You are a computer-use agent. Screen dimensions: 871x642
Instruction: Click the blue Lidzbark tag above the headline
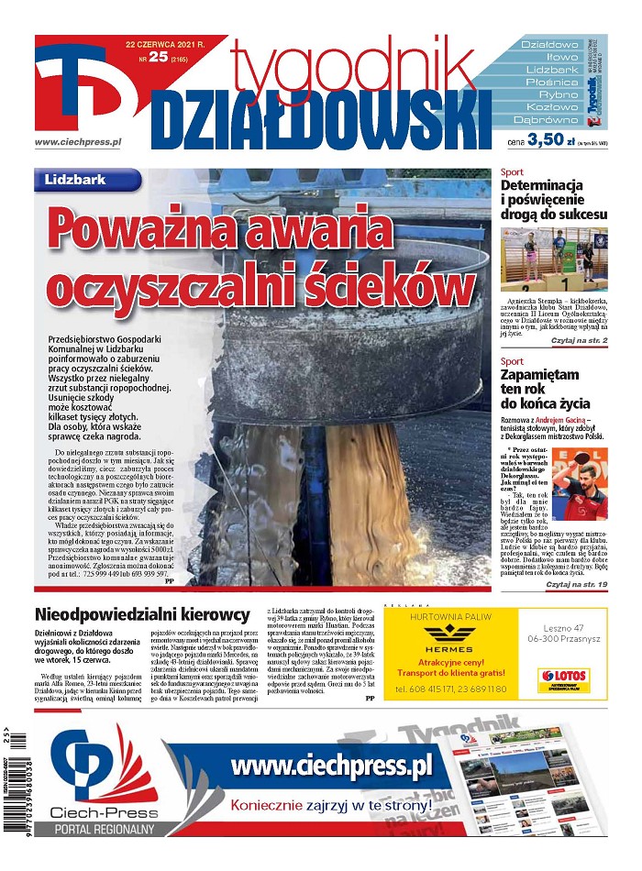(87, 181)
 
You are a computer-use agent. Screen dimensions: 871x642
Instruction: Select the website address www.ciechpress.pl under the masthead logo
(77, 142)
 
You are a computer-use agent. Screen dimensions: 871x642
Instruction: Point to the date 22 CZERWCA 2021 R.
(166, 44)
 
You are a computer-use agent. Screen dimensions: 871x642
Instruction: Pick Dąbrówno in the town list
(546, 120)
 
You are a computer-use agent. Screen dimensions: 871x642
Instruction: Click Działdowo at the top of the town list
(549, 44)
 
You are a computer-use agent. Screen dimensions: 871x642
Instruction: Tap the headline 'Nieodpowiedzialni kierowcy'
(142, 615)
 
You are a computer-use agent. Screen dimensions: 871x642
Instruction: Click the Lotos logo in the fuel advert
(562, 679)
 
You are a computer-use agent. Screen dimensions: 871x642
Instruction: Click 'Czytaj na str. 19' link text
(576, 583)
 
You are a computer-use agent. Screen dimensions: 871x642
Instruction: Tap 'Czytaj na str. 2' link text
(579, 340)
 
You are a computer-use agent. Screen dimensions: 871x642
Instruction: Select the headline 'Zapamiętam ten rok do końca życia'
(545, 389)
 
